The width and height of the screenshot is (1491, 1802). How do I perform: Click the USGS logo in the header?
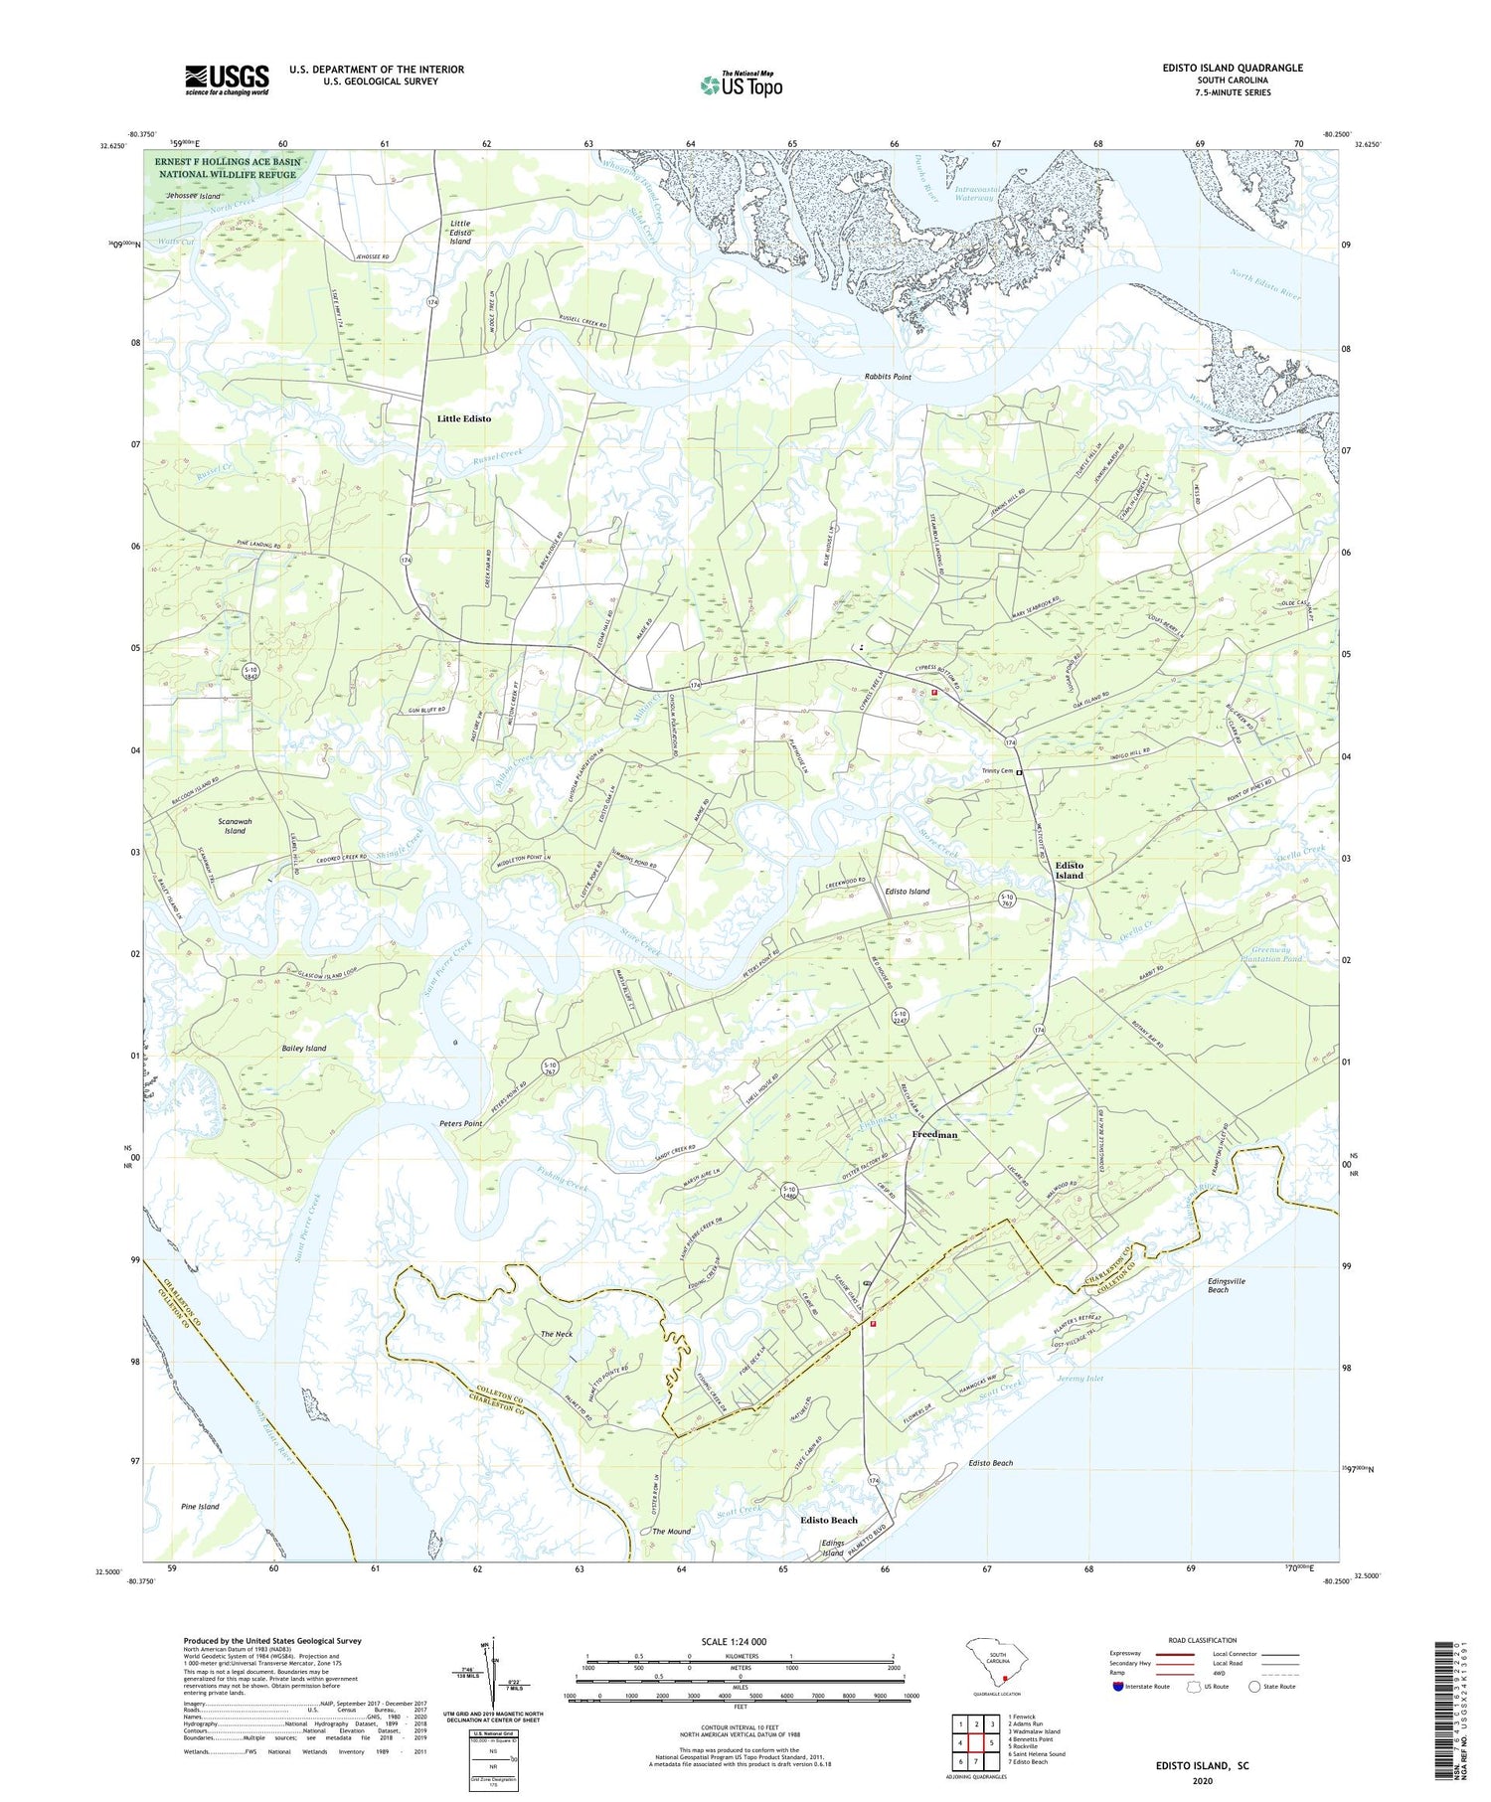coord(227,80)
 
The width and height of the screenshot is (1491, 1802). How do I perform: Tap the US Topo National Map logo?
coord(741,84)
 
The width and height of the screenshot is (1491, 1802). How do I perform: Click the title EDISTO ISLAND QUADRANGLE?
coord(1219,68)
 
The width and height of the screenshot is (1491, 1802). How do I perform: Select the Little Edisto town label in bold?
coord(464,418)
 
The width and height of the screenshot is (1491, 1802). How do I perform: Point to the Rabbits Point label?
coord(887,378)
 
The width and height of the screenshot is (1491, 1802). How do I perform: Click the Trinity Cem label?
coord(996,771)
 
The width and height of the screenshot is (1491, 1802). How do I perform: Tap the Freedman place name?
coord(934,1134)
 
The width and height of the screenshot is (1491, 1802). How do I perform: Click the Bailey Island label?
coord(302,1049)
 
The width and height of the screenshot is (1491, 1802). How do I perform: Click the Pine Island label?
coord(200,1507)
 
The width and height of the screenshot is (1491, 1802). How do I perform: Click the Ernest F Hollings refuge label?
coord(228,167)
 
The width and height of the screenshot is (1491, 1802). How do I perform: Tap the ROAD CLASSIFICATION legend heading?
coord(1203,1640)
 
